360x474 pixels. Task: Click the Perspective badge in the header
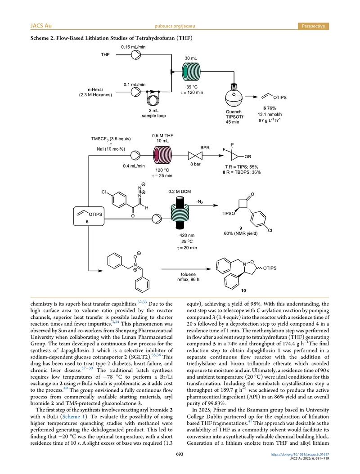[313, 26]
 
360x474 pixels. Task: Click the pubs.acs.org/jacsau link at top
[175, 26]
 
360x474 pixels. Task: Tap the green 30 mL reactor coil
[191, 72]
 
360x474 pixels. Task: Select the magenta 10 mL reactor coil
[162, 156]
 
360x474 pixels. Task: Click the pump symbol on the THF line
[136, 55]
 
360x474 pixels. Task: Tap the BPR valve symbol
[195, 156]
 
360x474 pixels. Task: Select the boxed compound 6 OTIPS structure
[89, 216]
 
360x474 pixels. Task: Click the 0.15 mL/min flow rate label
[133, 47]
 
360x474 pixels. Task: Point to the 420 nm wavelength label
[187, 235]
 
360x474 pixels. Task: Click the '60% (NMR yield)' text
[240, 233]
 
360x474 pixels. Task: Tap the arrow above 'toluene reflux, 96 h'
[186, 269]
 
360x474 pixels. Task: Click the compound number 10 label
[243, 291]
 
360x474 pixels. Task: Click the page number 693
[180, 454]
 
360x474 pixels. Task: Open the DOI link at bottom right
[300, 454]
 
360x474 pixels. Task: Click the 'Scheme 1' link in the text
[71, 416]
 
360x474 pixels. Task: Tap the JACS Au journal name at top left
[41, 26]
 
